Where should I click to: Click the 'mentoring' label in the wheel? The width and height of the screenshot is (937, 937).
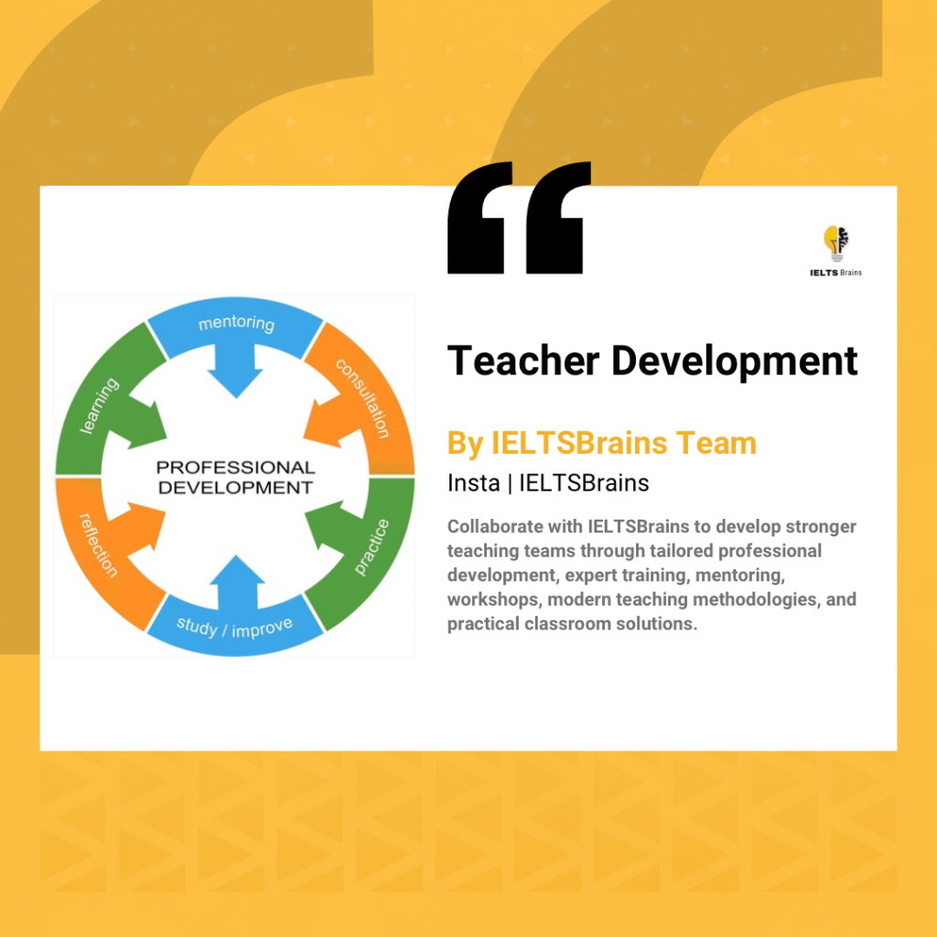[237, 323]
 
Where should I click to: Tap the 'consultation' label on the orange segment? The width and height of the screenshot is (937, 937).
[362, 398]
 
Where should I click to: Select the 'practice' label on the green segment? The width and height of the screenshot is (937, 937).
[372, 547]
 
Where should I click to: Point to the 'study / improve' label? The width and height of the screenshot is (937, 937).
[234, 628]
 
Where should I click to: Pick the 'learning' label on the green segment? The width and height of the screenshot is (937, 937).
[99, 405]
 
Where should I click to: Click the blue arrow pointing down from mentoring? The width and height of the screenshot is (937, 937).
[235, 372]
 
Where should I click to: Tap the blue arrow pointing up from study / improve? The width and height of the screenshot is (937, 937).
[237, 582]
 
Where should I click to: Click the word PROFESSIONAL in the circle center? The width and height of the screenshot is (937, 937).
[235, 468]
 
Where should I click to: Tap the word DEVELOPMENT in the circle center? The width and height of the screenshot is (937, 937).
[235, 488]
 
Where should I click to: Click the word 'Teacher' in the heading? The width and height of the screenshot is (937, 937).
[523, 361]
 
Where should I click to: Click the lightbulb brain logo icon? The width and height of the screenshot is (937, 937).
[836, 243]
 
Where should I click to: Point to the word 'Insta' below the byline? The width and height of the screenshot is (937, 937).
[473, 483]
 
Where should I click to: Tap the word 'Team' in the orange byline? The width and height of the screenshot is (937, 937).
[716, 444]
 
